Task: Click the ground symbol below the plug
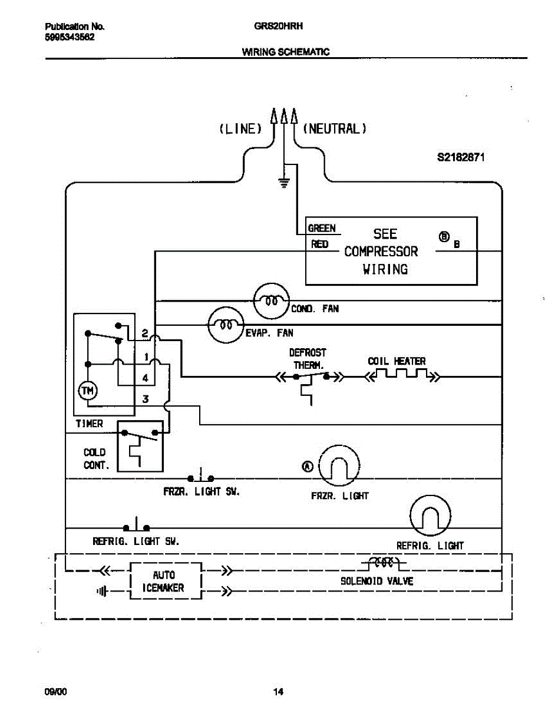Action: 284,183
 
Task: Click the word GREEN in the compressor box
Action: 322,229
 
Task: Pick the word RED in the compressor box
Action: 319,244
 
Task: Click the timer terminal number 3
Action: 146,399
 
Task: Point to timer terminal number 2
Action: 145,333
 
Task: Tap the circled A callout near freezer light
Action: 308,467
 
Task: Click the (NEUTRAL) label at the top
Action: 335,128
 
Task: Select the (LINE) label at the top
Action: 240,128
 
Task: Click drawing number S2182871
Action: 461,157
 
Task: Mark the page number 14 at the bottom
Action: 278,691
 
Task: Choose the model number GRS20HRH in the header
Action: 279,26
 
